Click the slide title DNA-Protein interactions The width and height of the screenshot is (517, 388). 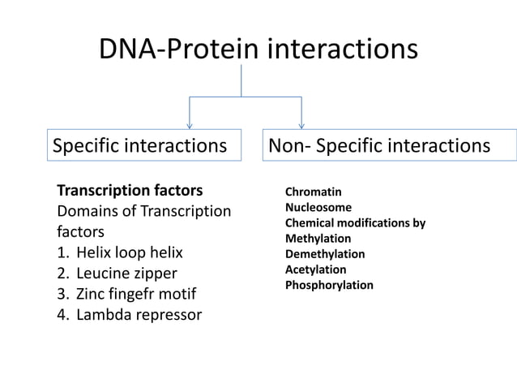[x=258, y=50]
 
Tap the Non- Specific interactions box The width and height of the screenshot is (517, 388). [x=389, y=146]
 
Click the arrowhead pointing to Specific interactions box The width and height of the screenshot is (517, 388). [x=190, y=124]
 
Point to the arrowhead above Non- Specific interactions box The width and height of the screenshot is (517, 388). [x=301, y=124]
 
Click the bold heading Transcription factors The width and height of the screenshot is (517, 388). [x=130, y=192]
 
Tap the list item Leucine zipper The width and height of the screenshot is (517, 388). [x=126, y=273]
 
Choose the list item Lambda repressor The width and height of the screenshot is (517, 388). [x=139, y=314]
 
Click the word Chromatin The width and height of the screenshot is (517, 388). [x=313, y=192]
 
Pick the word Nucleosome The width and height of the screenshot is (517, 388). [x=318, y=208]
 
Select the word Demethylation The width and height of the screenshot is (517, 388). [x=325, y=254]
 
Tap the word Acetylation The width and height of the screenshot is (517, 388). [x=315, y=269]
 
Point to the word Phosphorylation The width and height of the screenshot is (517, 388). [x=329, y=285]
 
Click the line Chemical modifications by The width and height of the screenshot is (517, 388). [x=355, y=223]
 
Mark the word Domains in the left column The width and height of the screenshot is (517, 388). [x=85, y=212]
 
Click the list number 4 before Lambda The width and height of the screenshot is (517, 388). [x=62, y=314]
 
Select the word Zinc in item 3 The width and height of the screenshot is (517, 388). [x=92, y=293]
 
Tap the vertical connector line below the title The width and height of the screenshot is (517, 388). [x=241, y=81]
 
